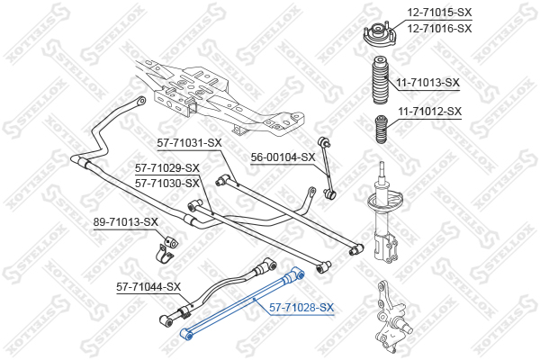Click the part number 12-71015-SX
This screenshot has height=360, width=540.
tap(439, 13)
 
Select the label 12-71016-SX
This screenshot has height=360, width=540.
tap(439, 28)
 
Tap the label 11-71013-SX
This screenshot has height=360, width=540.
tap(427, 83)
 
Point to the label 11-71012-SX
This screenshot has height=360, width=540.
tap(429, 112)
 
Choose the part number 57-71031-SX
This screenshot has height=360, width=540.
tap(189, 142)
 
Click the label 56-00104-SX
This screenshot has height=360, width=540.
tap(283, 157)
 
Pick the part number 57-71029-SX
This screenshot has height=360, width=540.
tap(167, 168)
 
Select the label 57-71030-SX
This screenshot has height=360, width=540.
tap(167, 184)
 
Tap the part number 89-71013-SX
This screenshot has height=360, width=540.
tap(126, 222)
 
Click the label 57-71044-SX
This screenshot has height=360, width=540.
tap(148, 286)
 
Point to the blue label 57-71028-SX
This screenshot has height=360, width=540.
tap(301, 307)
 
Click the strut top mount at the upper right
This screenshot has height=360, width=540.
tap(380, 33)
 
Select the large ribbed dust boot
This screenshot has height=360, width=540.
tap(381, 79)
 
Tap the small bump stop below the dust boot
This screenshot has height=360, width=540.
tap(381, 130)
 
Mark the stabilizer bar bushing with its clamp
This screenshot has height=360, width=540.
tap(166, 248)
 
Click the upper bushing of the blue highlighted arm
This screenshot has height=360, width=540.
tap(296, 274)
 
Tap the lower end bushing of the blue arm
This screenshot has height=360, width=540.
tap(187, 334)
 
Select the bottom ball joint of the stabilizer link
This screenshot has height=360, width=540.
tap(329, 194)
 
